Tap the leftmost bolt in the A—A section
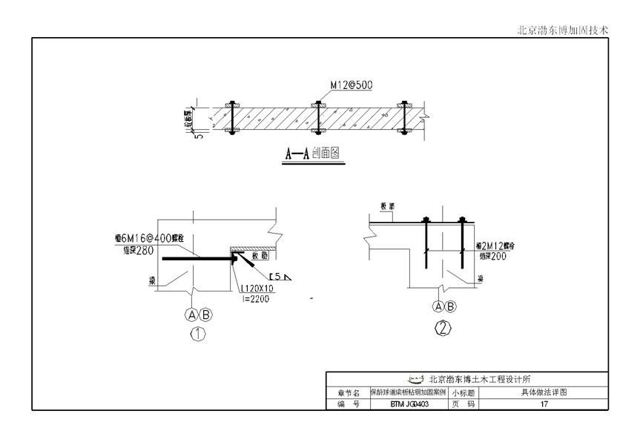(233, 117)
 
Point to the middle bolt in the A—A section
(317, 117)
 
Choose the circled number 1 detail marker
(198, 334)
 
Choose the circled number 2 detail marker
(443, 329)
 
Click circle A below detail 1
(192, 314)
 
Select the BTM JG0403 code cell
(409, 404)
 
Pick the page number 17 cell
(544, 404)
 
